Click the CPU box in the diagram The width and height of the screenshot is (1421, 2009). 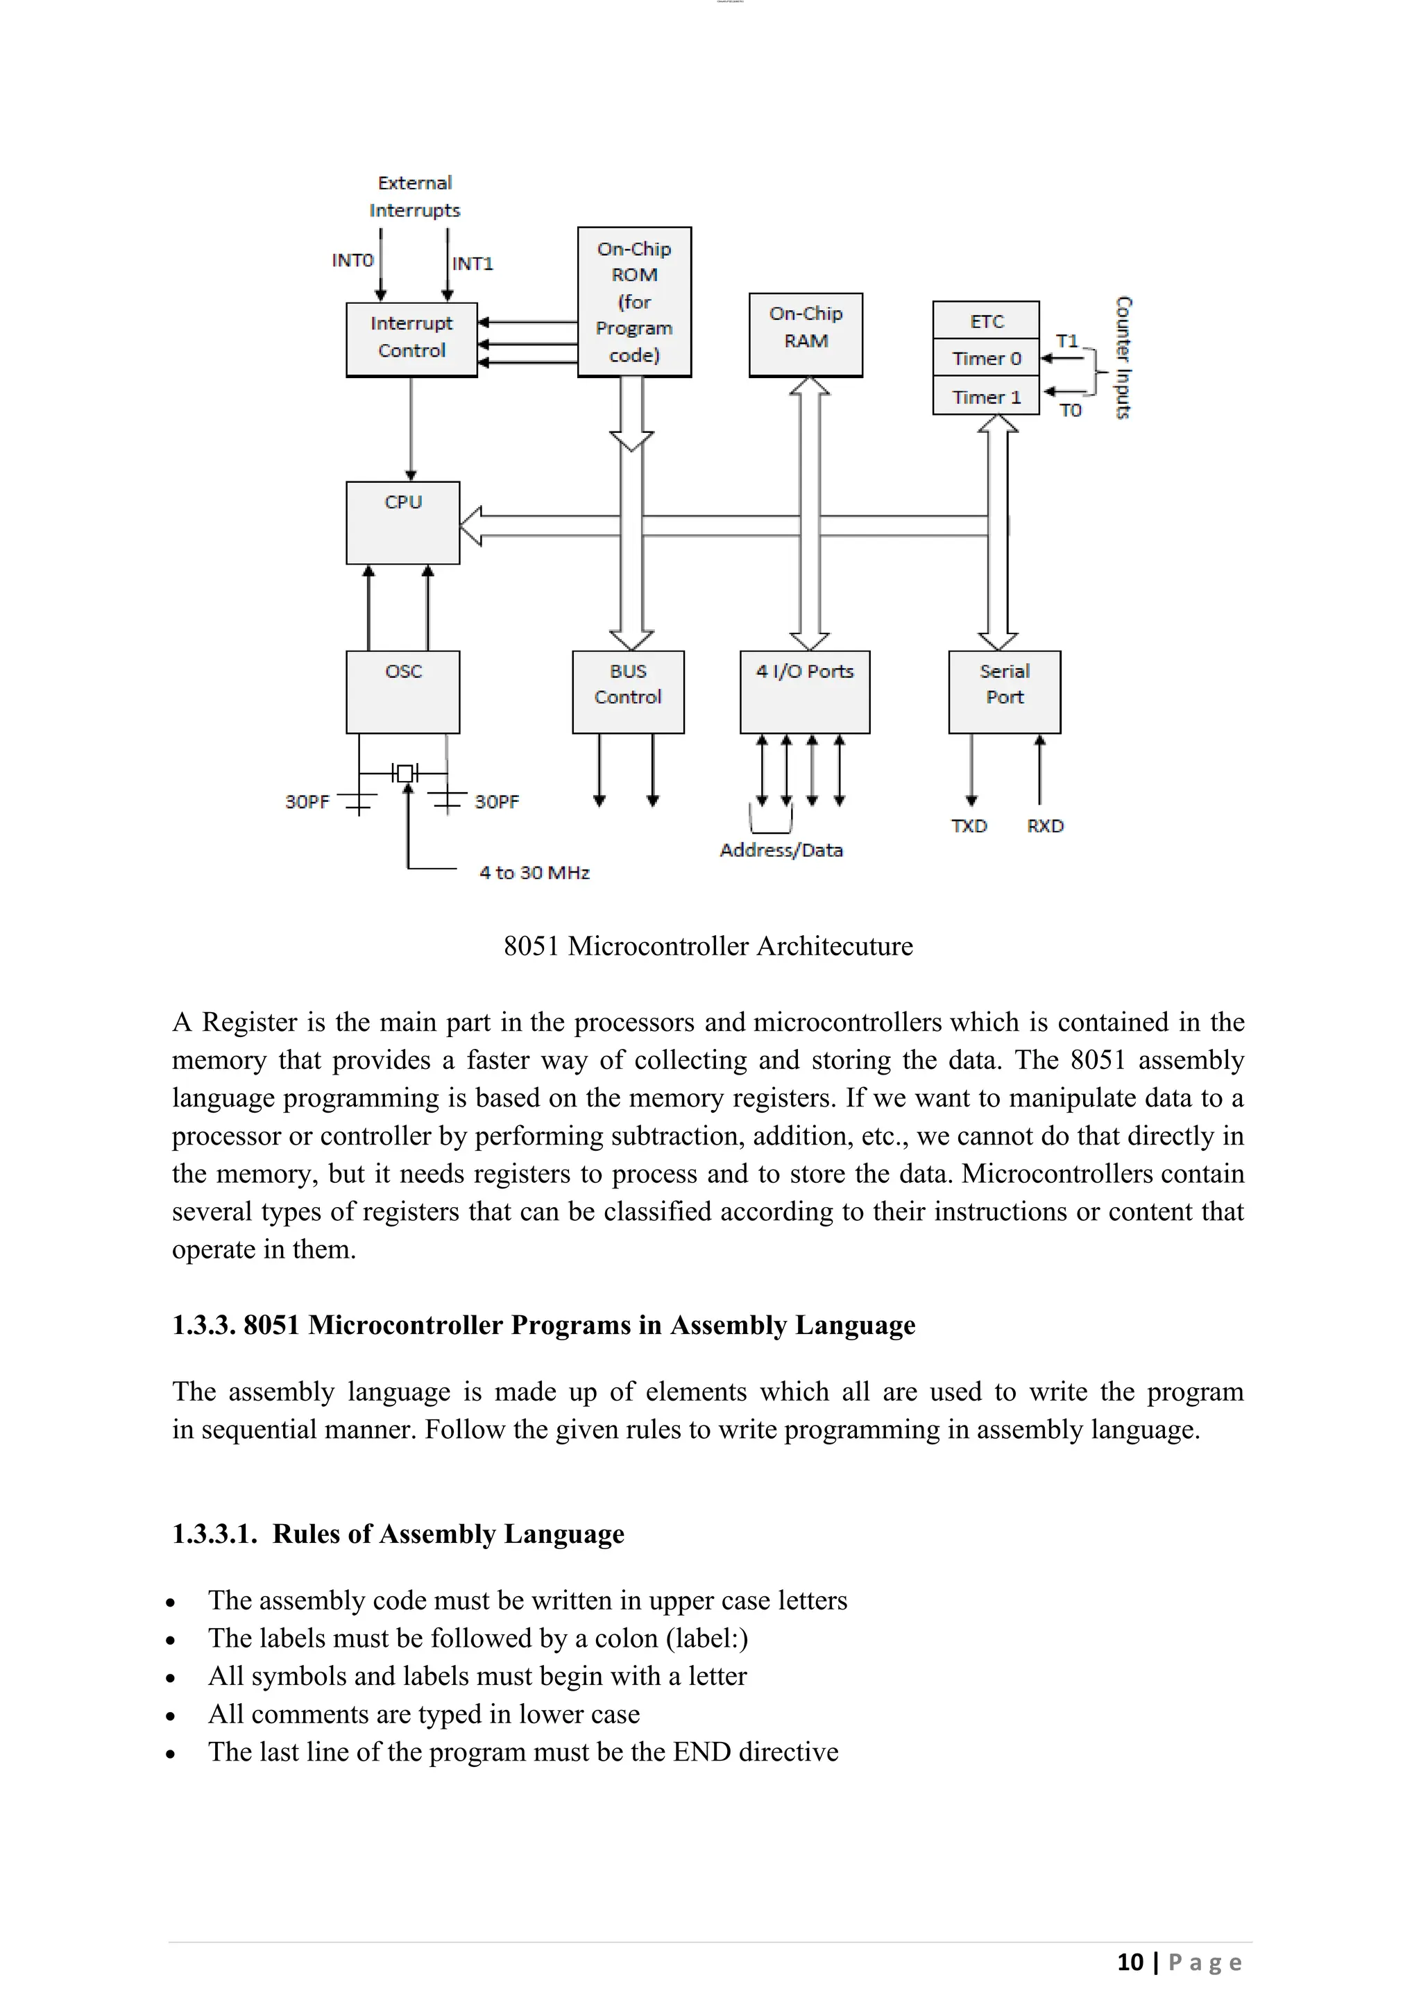402,522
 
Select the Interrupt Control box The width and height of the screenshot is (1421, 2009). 411,339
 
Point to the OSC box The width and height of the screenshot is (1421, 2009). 402,691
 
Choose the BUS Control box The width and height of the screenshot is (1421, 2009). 627,691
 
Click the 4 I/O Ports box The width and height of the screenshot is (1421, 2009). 804,691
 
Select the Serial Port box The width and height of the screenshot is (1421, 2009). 1003,691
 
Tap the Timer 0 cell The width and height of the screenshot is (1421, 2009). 985,358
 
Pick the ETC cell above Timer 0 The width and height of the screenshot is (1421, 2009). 985,320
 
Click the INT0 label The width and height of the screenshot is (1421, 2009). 352,260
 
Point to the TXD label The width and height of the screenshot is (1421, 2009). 969,826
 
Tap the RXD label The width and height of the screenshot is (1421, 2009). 1045,826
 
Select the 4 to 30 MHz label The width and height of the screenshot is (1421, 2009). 534,873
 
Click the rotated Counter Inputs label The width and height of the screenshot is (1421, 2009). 1123,357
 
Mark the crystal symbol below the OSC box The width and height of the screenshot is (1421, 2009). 405,773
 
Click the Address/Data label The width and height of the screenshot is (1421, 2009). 781,850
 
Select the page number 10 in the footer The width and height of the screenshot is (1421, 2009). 1130,1962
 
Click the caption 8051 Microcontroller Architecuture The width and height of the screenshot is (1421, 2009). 708,946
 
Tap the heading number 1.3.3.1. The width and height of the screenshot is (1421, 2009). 214,1534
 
